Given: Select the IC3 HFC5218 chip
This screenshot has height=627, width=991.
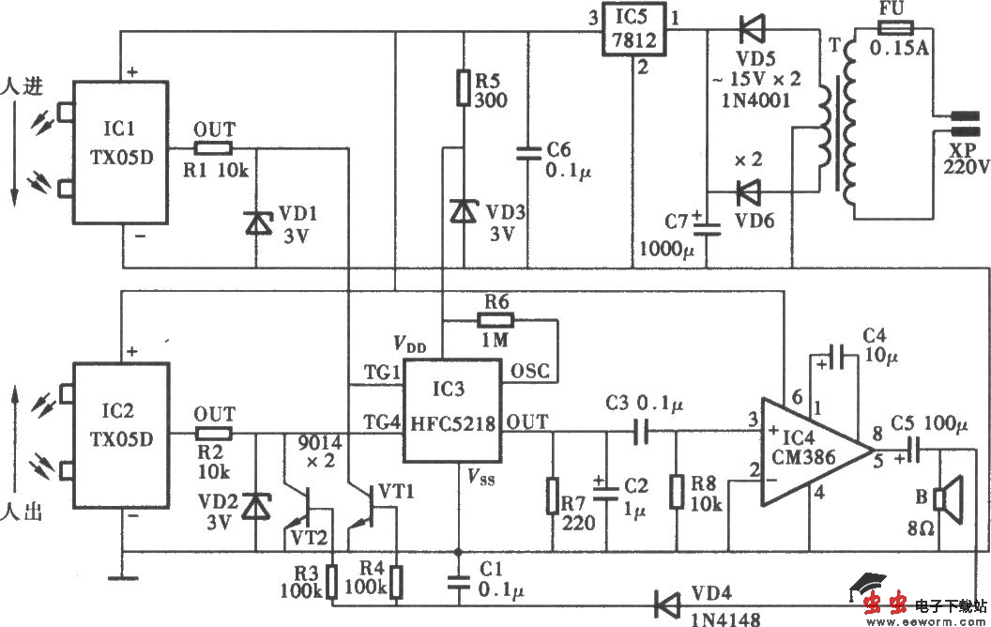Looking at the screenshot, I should pos(452,409).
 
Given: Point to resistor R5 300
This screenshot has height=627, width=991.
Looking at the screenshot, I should pos(462,86).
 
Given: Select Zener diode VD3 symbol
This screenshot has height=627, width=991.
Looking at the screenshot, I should pos(462,211).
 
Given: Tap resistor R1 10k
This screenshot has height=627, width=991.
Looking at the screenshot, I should pos(213,147).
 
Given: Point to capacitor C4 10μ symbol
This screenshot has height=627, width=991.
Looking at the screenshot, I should pos(841,356).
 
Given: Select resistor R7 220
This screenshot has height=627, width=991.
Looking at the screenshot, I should pos(554,495).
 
